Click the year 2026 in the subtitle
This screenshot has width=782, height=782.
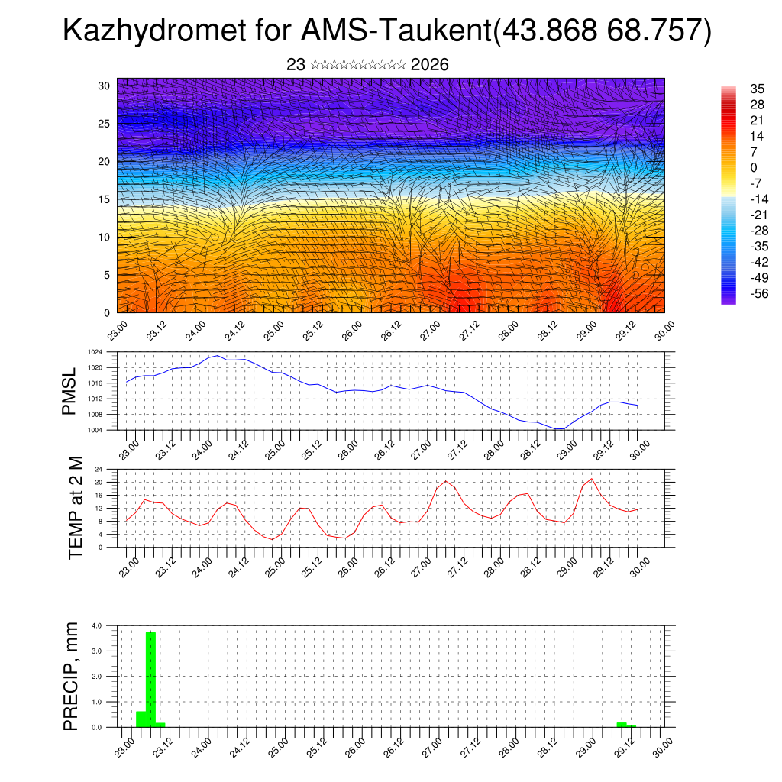click(x=429, y=65)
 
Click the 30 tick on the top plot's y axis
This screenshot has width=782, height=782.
click(x=104, y=86)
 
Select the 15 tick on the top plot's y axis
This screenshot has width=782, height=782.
click(x=104, y=199)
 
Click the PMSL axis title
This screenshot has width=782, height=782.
click(x=69, y=391)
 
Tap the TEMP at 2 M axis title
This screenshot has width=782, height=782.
click(x=75, y=508)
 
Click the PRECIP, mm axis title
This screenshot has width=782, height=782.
click(x=71, y=676)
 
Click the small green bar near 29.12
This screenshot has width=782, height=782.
click(x=622, y=724)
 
